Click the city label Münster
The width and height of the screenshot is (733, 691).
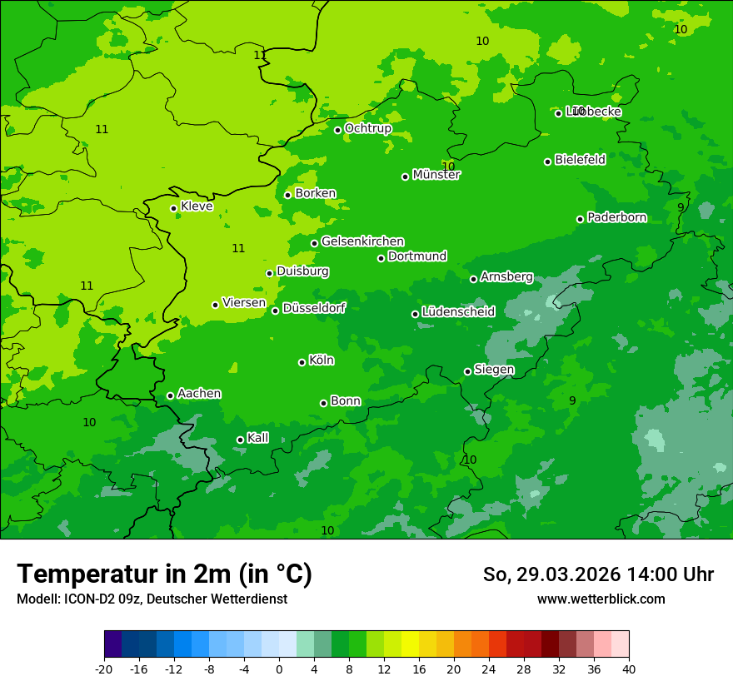(x=436, y=175)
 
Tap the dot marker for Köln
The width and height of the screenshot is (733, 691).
(x=302, y=362)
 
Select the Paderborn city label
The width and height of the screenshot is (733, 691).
(x=616, y=217)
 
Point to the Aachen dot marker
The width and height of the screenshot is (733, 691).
(x=170, y=395)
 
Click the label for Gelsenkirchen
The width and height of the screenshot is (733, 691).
(x=362, y=241)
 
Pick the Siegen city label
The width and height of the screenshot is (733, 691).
(x=494, y=370)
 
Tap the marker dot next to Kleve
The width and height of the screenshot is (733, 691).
(x=173, y=208)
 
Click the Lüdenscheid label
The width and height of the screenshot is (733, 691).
(x=458, y=312)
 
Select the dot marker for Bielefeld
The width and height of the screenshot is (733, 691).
(x=547, y=162)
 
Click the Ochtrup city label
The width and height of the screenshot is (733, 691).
(x=367, y=128)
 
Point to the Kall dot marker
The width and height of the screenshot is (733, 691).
(x=240, y=440)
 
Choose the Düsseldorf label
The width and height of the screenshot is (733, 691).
(x=313, y=308)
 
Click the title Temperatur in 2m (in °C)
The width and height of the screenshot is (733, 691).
(x=164, y=574)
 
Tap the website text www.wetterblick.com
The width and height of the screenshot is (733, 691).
(x=601, y=599)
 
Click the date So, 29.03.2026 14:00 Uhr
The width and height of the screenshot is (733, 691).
(x=598, y=574)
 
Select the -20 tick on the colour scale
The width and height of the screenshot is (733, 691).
(x=104, y=669)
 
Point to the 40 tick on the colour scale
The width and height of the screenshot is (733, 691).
(x=629, y=669)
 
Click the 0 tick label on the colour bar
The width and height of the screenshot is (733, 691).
(x=279, y=669)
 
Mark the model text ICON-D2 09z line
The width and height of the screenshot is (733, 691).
(x=152, y=599)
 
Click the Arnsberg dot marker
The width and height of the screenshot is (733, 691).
(x=473, y=279)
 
